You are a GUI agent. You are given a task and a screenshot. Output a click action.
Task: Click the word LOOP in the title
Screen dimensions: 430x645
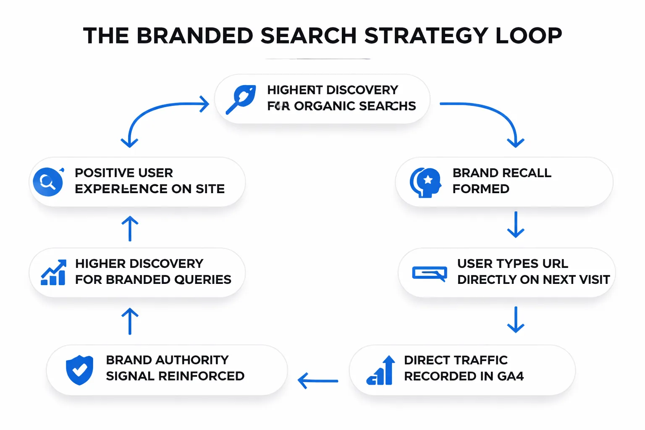pos(529,36)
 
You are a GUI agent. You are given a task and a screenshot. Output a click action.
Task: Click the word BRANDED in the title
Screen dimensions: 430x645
pos(195,36)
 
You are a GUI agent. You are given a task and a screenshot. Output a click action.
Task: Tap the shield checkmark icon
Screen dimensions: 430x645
pos(79,370)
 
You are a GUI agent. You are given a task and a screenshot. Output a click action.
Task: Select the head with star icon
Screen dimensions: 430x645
pos(426,182)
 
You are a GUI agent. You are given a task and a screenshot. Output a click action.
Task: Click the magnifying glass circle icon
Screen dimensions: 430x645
pos(48,182)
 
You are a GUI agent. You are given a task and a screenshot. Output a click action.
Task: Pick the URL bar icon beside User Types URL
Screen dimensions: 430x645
pos(429,273)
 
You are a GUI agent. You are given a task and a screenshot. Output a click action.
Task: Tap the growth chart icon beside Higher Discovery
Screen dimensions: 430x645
pos(53,273)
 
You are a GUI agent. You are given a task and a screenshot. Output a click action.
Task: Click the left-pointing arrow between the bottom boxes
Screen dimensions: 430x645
pos(318,381)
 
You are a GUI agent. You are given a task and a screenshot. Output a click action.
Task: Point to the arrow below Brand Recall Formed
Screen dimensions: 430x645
pos(516,225)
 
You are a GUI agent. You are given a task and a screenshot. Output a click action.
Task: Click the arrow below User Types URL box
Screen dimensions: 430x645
pos(516,320)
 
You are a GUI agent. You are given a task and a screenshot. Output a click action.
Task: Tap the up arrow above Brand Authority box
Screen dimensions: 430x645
pos(130,321)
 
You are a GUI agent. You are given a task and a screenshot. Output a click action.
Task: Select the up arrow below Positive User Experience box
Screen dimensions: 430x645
pos(130,229)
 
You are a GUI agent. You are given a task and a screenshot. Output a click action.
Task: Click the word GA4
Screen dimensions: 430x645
pos(510,376)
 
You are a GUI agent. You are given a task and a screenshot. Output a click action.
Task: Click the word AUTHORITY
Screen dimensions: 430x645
pos(192,360)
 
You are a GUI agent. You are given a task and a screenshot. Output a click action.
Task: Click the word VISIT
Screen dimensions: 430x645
pos(594,280)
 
